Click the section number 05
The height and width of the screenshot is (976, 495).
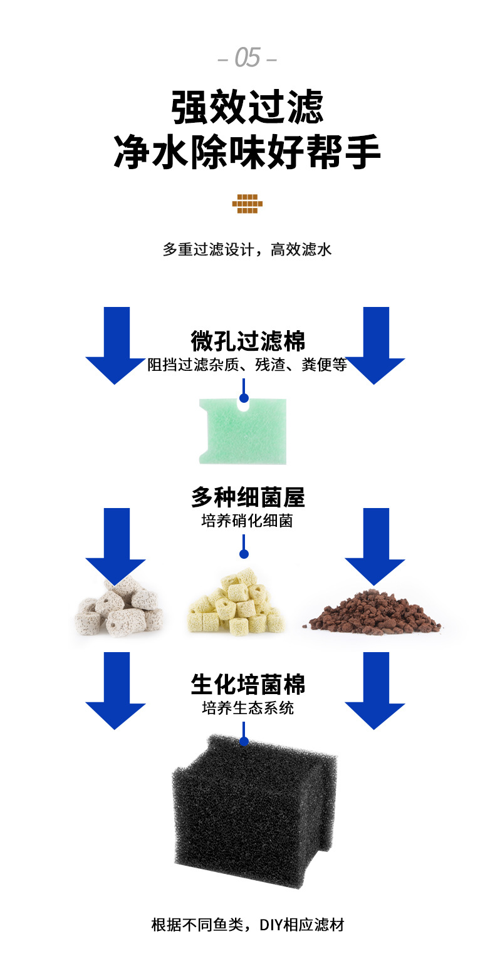pyautogui.click(x=247, y=58)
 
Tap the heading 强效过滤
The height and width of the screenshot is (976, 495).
pyautogui.click(x=247, y=107)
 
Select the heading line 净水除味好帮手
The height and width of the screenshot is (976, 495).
pyautogui.click(x=247, y=153)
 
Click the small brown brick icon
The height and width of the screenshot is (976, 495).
pyautogui.click(x=247, y=204)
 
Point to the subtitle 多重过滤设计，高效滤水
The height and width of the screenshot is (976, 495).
pyautogui.click(x=247, y=249)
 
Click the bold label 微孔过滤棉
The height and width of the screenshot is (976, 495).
pyautogui.click(x=247, y=341)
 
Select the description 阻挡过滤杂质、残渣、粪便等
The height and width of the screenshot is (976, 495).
pyautogui.click(x=247, y=365)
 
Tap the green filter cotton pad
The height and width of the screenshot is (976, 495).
pyautogui.click(x=243, y=432)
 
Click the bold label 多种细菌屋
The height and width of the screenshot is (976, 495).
pyautogui.click(x=247, y=498)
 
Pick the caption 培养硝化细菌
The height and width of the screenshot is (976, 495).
pyautogui.click(x=247, y=521)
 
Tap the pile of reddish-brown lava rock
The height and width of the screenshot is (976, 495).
pyautogui.click(x=375, y=611)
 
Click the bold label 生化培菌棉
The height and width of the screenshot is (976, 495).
pyautogui.click(x=247, y=685)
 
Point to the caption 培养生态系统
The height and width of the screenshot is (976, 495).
pyautogui.click(x=247, y=708)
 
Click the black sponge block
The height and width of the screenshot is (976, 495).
pyautogui.click(x=247, y=808)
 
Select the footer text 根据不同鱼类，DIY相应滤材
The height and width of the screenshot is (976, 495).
pyautogui.click(x=247, y=925)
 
